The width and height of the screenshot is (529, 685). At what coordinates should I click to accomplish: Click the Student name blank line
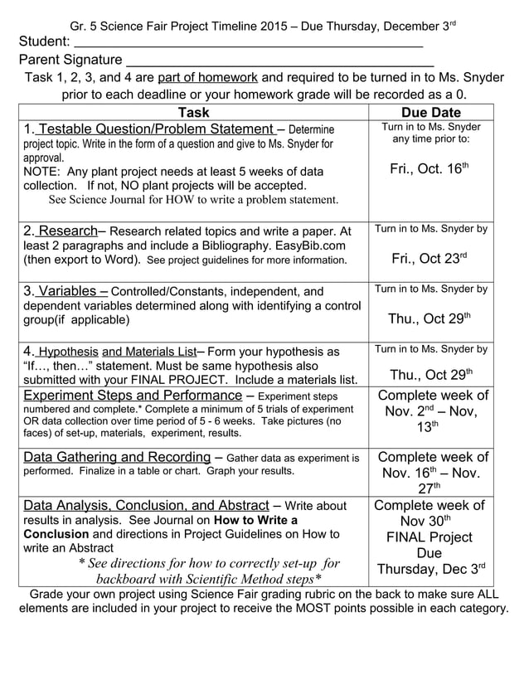(249, 44)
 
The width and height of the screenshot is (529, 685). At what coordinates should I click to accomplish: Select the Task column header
(193, 113)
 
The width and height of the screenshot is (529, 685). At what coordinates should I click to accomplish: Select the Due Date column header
(430, 113)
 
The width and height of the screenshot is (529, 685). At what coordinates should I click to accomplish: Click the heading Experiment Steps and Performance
(133, 396)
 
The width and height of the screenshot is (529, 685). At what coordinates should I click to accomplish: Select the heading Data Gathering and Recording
(117, 457)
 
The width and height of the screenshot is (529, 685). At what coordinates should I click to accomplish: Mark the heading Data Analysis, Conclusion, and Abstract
(146, 505)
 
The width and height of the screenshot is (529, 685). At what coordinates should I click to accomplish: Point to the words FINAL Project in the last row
(430, 537)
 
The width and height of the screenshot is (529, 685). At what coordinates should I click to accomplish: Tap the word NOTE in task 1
(41, 171)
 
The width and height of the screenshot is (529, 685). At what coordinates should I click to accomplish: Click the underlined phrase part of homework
(207, 78)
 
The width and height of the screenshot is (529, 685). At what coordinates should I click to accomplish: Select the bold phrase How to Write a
(250, 520)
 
